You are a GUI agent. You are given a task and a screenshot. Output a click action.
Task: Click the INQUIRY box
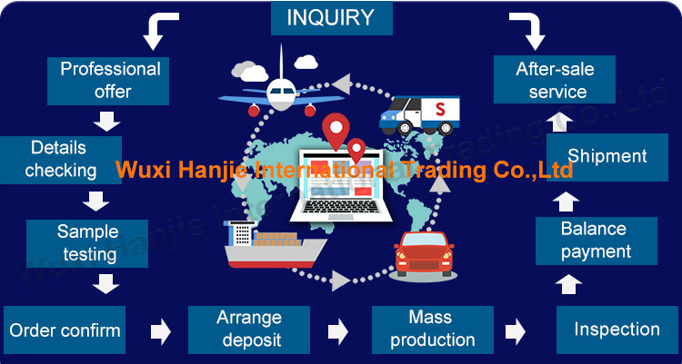331,17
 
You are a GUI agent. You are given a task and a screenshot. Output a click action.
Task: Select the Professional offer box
110,80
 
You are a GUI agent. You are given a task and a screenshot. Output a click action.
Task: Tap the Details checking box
60,159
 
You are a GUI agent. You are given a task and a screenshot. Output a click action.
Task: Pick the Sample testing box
87,242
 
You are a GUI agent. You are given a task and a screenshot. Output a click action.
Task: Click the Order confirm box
65,330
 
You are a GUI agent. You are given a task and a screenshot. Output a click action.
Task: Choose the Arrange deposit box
249,330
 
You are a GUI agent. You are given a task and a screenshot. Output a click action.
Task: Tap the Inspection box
617,330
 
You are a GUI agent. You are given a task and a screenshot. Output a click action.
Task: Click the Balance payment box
596,241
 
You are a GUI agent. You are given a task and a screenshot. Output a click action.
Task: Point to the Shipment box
607,156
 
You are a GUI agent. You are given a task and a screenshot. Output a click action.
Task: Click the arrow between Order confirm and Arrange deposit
160,330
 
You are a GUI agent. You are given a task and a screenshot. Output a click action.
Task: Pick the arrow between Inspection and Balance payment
567,286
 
